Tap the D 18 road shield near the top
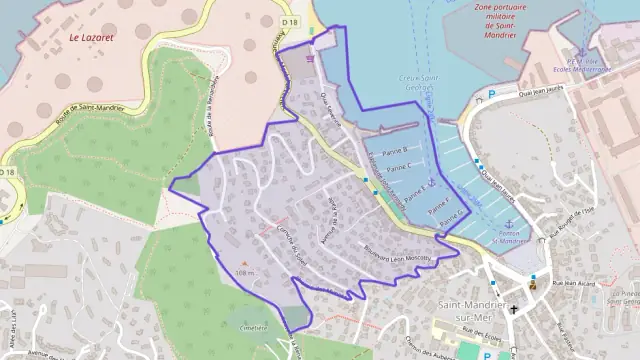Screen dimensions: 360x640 (290, 21)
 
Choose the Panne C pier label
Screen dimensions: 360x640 (397, 167)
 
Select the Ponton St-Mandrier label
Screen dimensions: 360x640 (510, 238)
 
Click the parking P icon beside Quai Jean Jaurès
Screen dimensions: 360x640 (491, 95)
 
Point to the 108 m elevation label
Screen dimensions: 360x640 (245, 273)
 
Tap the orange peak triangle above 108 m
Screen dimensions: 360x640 (245, 263)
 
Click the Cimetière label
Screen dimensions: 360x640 (254, 326)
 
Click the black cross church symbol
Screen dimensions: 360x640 (514, 311)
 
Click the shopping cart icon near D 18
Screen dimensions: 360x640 (311, 57)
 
